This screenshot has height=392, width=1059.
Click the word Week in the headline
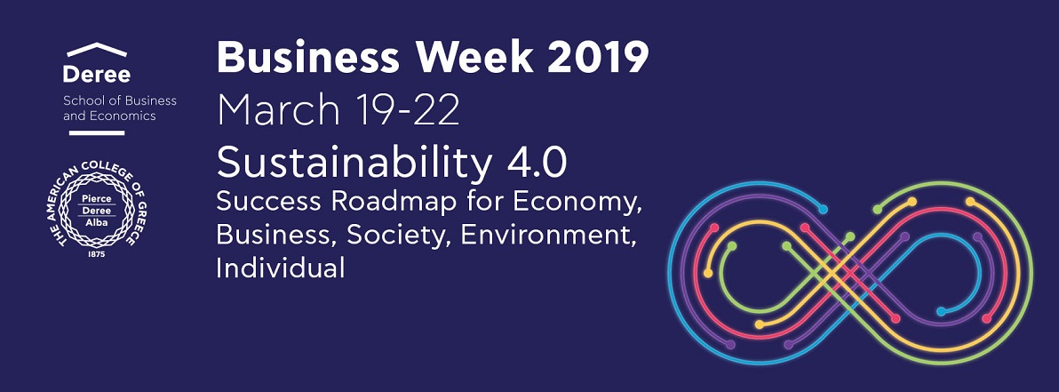pyautogui.click(x=474, y=58)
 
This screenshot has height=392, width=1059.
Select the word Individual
pyautogui.click(x=280, y=267)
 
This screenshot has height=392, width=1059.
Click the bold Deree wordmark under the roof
pyautogui.click(x=97, y=75)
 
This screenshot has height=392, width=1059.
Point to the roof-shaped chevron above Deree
pyautogui.click(x=97, y=50)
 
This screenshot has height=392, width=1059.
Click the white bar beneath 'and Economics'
pyautogui.click(x=97, y=132)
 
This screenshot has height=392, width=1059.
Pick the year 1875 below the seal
pyautogui.click(x=97, y=254)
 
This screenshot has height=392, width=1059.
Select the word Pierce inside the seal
pyautogui.click(x=96, y=199)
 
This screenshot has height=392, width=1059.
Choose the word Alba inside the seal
pyautogui.click(x=96, y=220)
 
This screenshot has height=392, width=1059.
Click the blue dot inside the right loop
pyautogui.click(x=941, y=312)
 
